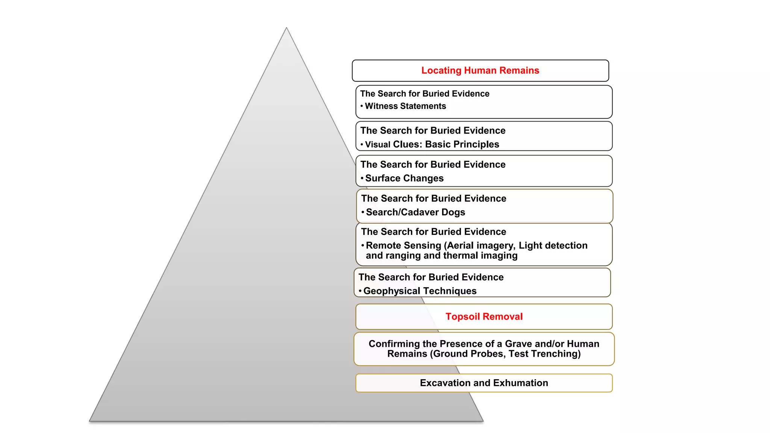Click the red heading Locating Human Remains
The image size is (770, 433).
pyautogui.click(x=480, y=71)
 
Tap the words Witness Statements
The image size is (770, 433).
pyautogui.click(x=405, y=106)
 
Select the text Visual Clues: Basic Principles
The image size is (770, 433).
pyautogui.click(x=432, y=144)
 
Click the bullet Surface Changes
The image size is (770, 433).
pyautogui.click(x=404, y=178)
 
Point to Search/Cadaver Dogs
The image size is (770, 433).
pyautogui.click(x=415, y=212)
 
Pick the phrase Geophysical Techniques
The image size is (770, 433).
pyautogui.click(x=420, y=291)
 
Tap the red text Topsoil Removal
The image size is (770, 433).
pyautogui.click(x=484, y=316)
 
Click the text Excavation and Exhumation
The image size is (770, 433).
pyautogui.click(x=484, y=383)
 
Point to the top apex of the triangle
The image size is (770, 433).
pyautogui.click(x=286, y=28)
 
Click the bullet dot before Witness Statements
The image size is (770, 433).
pyautogui.click(x=362, y=106)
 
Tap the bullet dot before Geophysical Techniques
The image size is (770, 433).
pyautogui.click(x=360, y=291)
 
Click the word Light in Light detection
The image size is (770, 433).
pyautogui.click(x=530, y=245)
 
